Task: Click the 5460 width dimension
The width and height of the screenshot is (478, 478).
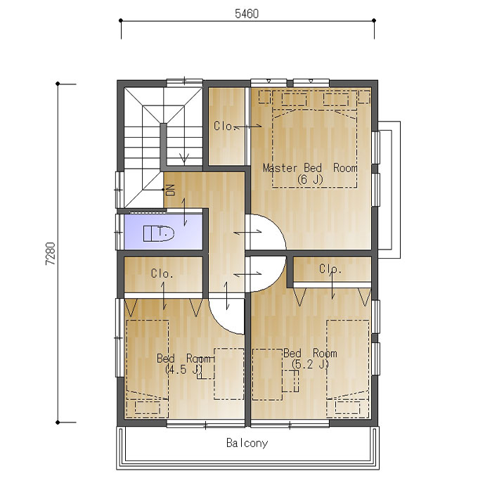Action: click(x=247, y=14)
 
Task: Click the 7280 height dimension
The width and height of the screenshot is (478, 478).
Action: click(x=51, y=253)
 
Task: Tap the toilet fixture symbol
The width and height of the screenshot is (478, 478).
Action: click(x=159, y=233)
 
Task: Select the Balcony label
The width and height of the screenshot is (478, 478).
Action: click(x=247, y=443)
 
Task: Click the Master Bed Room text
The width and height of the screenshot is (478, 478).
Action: click(x=310, y=168)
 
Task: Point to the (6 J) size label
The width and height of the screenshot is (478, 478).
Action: click(x=310, y=179)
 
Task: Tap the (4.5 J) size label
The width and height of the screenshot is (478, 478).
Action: click(x=183, y=370)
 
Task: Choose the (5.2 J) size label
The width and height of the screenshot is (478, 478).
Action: click(x=310, y=364)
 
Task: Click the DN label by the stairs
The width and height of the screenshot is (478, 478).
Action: click(x=171, y=190)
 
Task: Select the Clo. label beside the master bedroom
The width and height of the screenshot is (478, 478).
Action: click(x=225, y=126)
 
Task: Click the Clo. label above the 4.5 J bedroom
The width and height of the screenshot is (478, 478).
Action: click(x=162, y=273)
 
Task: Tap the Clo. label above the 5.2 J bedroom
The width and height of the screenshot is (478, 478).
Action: click(x=330, y=269)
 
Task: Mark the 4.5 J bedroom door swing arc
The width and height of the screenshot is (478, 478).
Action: click(x=219, y=323)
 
